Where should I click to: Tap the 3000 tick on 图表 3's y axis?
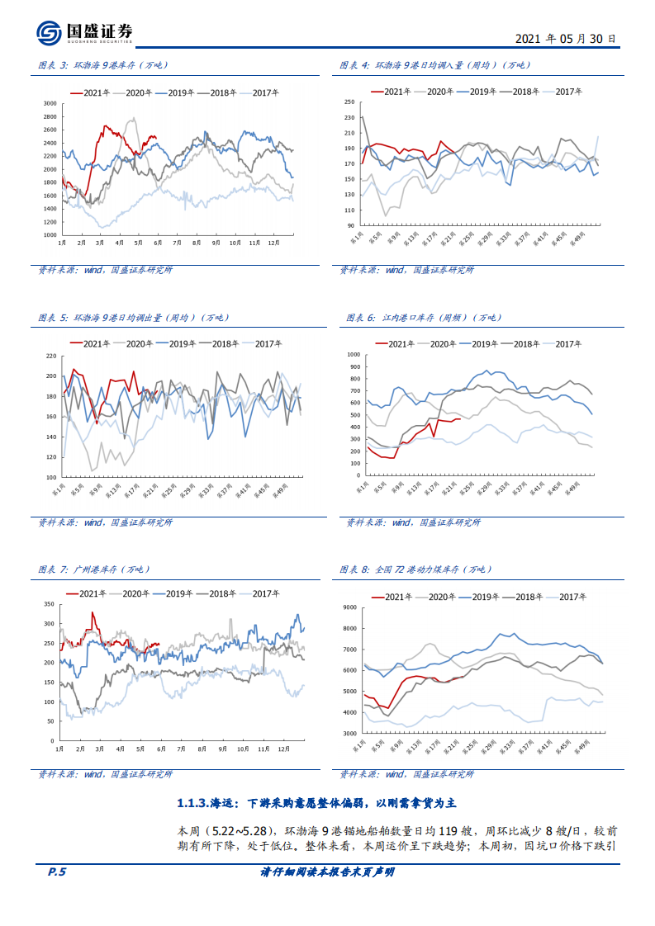pos(50,104)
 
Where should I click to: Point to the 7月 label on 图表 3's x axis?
pos(178,243)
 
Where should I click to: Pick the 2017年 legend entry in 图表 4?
pos(569,92)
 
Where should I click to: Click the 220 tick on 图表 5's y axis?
pos(50,357)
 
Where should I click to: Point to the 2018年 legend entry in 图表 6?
pos(524,343)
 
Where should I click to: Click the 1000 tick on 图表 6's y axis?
pos(354,355)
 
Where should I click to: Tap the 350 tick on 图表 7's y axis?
pos(48,605)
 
